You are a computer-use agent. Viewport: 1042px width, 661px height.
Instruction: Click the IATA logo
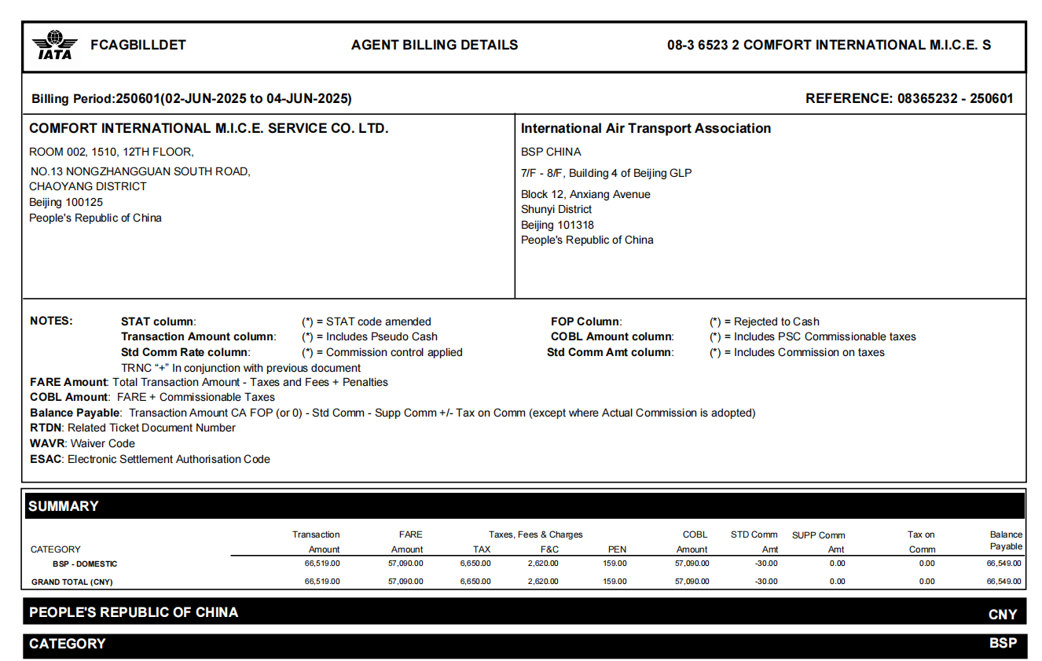54,45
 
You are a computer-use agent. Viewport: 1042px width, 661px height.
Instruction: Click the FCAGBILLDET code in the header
138,45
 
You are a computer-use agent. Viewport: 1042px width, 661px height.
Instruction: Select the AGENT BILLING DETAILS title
435,45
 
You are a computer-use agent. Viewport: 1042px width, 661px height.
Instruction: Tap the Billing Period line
191,98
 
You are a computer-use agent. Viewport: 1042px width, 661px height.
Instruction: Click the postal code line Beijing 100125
66,202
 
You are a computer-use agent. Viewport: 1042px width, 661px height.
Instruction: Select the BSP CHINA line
551,152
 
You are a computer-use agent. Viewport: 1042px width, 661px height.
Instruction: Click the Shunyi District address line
556,209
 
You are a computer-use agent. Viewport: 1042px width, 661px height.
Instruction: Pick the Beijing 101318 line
557,225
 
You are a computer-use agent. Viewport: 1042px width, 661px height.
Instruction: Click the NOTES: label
51,321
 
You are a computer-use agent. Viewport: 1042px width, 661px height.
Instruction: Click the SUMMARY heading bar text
64,506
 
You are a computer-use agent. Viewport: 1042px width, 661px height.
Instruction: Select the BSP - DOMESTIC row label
85,564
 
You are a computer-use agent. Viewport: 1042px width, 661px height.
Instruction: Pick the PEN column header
617,549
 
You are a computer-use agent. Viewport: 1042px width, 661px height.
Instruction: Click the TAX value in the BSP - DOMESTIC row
475,564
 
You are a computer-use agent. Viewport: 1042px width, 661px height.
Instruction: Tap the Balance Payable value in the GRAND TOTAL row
1004,582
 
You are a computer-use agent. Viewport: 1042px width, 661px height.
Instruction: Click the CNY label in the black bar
1003,614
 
